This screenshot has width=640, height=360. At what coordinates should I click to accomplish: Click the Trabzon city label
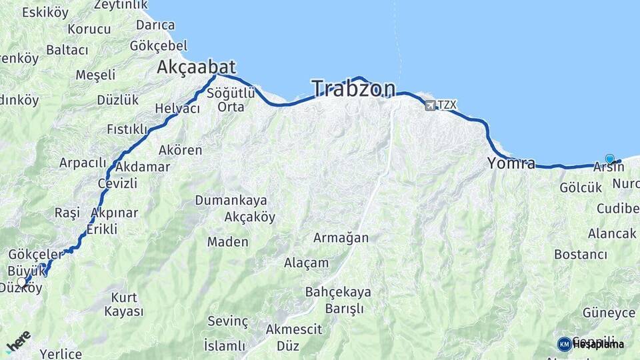coord(353,89)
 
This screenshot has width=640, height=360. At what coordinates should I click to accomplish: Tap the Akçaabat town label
coord(197,67)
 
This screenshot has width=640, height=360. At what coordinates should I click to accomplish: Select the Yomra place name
coord(511,163)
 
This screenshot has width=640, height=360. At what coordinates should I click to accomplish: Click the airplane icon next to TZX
coord(430,105)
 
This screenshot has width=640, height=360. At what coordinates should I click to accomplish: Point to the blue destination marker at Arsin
coord(609,159)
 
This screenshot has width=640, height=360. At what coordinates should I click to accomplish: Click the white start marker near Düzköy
coord(22,282)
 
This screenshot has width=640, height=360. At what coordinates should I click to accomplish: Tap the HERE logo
coord(18,341)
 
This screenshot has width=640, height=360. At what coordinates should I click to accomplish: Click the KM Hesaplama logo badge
coord(565,344)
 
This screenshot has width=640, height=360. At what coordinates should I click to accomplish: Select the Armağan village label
coord(341,238)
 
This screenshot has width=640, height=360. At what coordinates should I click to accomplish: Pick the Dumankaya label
coord(231,200)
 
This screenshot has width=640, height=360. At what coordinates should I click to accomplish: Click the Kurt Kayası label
coord(124,304)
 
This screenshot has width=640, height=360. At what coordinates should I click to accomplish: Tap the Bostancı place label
coord(580,255)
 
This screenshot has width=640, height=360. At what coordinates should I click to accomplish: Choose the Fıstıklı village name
coord(127,129)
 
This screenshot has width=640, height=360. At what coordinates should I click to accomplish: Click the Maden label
coord(227,242)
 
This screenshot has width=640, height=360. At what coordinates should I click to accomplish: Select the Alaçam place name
coord(306,263)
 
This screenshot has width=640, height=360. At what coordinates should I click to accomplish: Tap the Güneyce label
coord(609,313)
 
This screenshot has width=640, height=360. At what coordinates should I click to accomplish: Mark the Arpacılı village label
coord(83,163)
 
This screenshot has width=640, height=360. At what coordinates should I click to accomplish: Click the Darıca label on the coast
coord(155,25)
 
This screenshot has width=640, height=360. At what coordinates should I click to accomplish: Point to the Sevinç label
coord(227,321)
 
